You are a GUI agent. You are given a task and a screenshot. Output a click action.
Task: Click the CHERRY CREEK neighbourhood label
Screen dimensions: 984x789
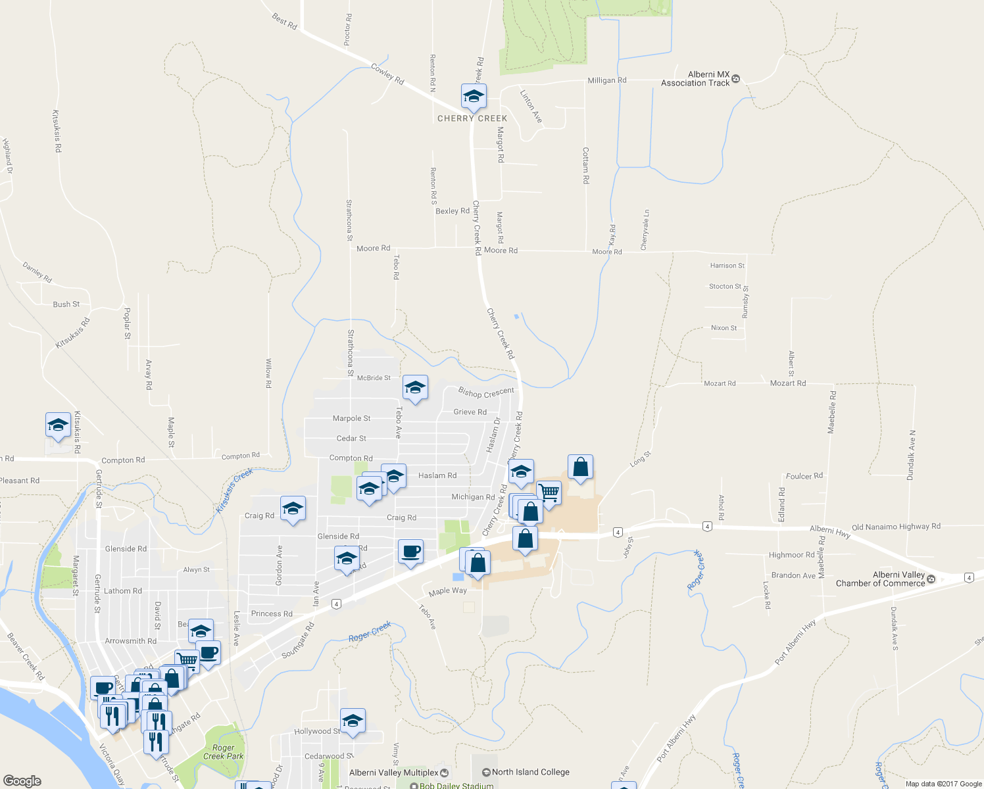[x=472, y=119]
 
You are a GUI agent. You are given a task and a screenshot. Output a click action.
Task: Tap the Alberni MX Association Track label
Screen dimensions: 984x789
[x=695, y=79]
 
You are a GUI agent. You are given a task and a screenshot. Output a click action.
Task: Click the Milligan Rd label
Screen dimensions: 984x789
[x=606, y=80]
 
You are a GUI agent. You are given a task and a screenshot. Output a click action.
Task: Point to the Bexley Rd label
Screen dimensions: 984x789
[x=453, y=211]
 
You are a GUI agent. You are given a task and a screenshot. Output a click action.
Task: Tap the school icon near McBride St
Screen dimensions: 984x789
[x=415, y=388]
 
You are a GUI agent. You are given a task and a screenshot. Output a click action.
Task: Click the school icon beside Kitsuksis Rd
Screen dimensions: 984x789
[x=58, y=425]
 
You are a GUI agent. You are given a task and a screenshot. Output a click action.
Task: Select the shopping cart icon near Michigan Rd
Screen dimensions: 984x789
[x=549, y=492]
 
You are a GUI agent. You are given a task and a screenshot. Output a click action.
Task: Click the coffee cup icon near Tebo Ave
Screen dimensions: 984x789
[x=410, y=552]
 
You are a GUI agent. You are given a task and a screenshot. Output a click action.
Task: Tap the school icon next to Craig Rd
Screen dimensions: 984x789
[x=293, y=509]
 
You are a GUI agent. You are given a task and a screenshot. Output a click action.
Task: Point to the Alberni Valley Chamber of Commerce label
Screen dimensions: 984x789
[x=880, y=579]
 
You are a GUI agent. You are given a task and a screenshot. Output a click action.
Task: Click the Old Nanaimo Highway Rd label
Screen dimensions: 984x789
[x=896, y=527]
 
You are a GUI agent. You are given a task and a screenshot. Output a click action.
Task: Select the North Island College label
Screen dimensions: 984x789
[x=530, y=772]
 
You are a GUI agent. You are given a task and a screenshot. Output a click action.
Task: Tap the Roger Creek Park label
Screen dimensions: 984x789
[x=223, y=752]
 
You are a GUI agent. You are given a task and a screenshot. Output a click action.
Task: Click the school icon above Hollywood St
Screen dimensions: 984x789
[x=353, y=721]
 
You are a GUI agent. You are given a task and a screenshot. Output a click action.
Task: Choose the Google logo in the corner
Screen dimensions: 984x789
[x=22, y=781]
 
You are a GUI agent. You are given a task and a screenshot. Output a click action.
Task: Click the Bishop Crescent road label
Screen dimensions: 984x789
[x=486, y=393]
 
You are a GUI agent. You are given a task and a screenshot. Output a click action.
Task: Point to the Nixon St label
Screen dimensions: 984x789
[x=724, y=328]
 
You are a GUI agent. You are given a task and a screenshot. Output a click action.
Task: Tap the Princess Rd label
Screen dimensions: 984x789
[x=272, y=614]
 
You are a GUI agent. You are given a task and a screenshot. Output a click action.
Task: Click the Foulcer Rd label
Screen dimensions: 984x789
[x=804, y=476]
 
